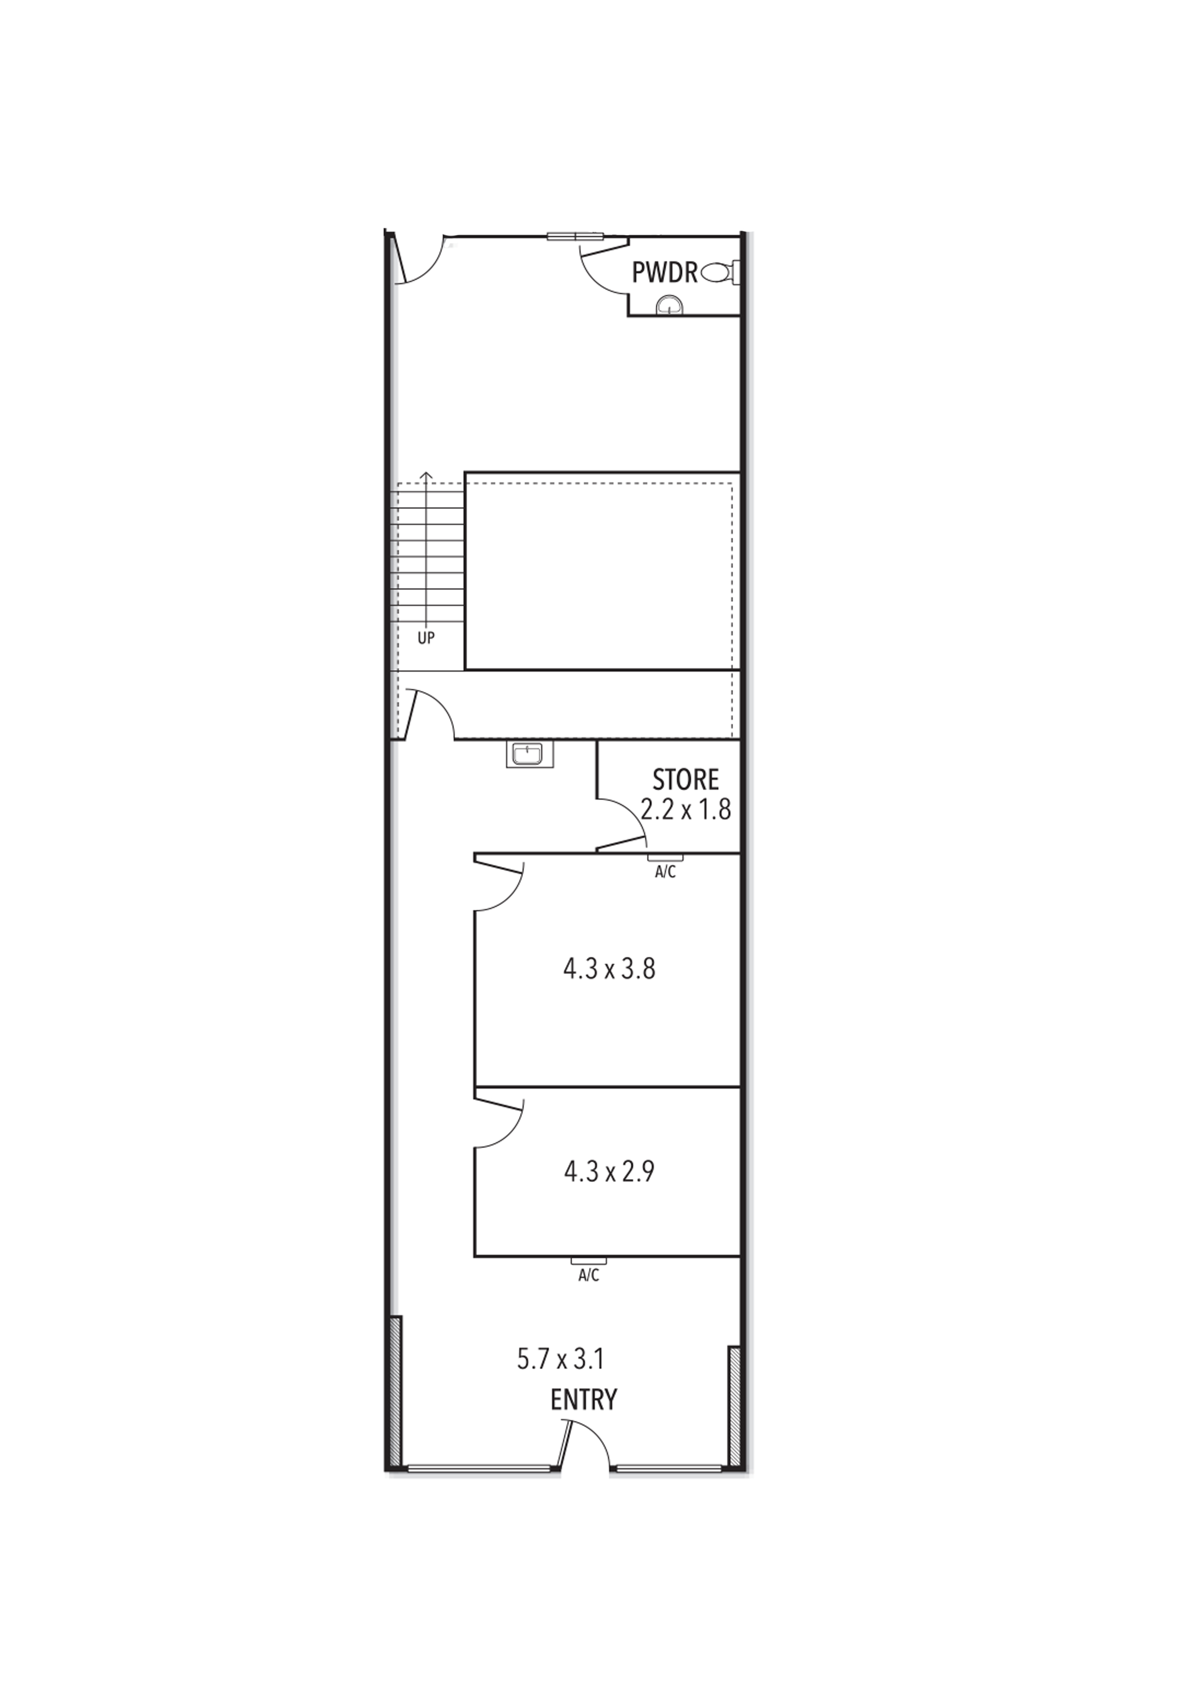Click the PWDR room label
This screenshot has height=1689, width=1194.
tap(664, 273)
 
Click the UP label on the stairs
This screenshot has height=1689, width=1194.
tap(426, 638)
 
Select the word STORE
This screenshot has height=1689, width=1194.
tap(686, 779)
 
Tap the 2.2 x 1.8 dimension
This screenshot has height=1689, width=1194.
tap(686, 810)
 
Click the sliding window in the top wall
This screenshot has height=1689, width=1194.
tap(575, 236)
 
